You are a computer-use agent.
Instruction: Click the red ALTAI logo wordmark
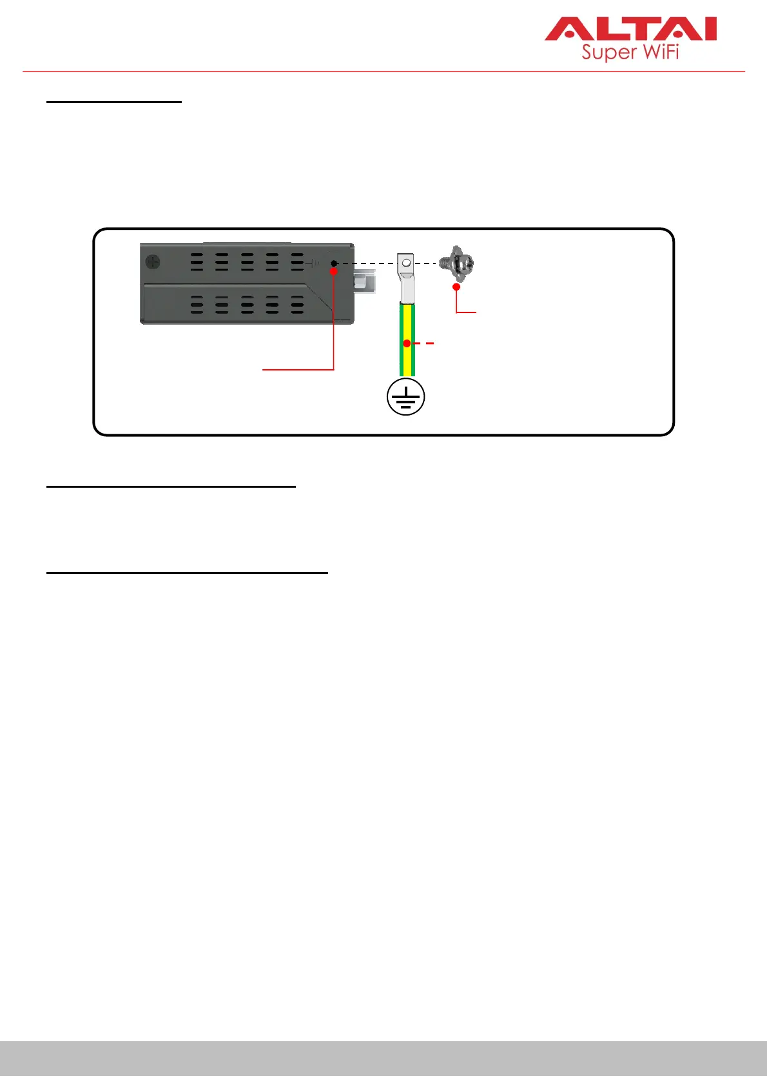point(630,30)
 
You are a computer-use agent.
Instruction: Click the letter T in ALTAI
point(637,30)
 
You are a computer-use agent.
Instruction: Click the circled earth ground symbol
point(405,397)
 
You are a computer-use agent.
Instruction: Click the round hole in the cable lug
point(406,263)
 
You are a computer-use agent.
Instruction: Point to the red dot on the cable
point(407,343)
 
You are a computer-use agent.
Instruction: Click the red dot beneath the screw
point(456,287)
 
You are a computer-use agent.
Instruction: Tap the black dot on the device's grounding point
point(334,263)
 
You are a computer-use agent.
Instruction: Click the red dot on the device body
point(334,272)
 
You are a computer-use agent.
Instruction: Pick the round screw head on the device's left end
point(153,263)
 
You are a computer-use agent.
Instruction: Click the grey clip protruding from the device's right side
point(364,283)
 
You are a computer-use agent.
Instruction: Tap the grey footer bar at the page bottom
point(383,1058)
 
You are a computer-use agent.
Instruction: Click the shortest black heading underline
point(114,102)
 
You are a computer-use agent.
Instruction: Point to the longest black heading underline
point(187,571)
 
